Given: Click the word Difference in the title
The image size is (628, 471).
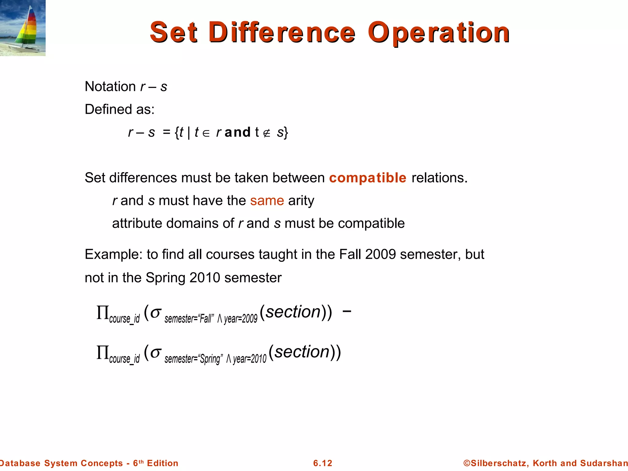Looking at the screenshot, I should click(282, 33).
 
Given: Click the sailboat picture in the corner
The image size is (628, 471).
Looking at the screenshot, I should click(23, 28).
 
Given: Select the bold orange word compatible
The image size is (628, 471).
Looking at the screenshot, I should click(368, 178).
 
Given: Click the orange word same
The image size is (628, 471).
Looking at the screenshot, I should click(267, 201).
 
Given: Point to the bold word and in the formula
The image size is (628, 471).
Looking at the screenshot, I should click(238, 132).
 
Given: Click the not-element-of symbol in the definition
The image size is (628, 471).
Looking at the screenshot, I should click(267, 133).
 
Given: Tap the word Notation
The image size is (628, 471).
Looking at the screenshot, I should click(110, 86).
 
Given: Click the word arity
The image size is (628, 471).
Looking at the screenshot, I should click(301, 201).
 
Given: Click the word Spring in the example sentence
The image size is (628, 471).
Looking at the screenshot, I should click(166, 278).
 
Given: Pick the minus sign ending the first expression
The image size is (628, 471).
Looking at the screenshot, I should click(347, 311).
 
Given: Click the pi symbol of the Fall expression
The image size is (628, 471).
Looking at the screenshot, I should click(103, 313).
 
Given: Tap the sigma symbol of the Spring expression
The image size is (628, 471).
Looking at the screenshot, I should click(156, 353).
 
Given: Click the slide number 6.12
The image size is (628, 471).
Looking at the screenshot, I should click(323, 463).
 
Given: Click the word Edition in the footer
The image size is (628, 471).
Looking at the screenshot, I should click(163, 463).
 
